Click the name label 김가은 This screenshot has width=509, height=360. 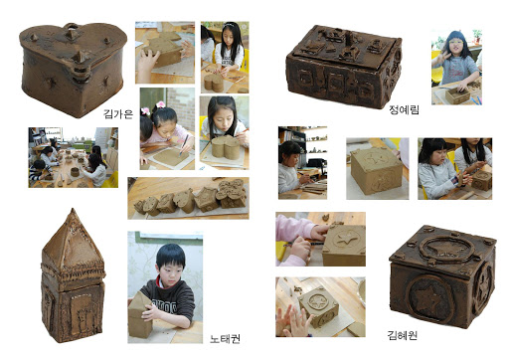(x=118, y=114)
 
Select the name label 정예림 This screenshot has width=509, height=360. (x=404, y=109)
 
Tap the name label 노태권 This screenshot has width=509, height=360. (x=225, y=339)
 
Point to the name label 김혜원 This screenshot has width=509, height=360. (x=403, y=335)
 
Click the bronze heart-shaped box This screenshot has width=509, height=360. (x=74, y=69)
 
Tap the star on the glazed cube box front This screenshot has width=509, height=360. (x=429, y=296)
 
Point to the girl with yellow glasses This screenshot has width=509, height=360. (x=455, y=62)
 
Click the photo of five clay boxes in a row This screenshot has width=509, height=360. (x=188, y=198)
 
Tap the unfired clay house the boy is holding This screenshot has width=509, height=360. (x=140, y=314)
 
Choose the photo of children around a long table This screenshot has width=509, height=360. (x=74, y=157)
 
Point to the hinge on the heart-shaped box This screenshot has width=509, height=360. (x=80, y=72)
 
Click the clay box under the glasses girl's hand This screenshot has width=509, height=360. (x=457, y=94)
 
